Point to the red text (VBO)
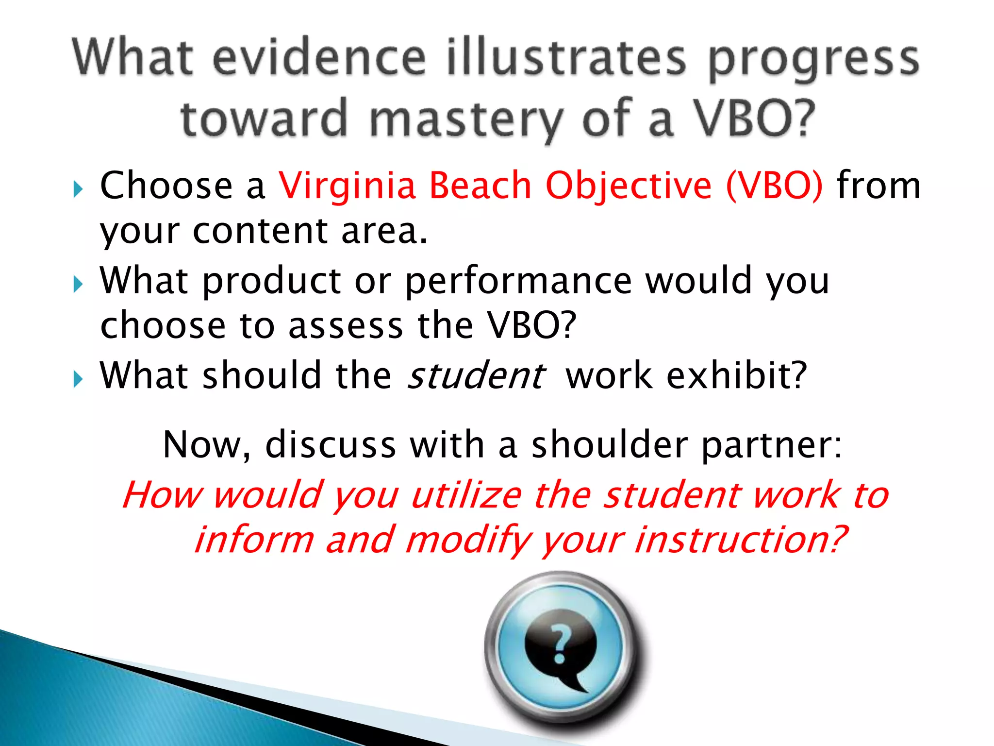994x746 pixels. coord(775,186)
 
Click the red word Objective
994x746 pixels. coord(629,186)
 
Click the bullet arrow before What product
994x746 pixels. coord(78,284)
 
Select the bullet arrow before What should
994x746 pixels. coord(78,378)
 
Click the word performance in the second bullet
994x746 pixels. coord(518,282)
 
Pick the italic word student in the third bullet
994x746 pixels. coord(476,376)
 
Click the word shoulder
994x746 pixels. coord(610,444)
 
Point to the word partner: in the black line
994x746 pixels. coord(772,445)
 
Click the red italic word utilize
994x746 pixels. coord(466,495)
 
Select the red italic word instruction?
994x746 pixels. coord(741,540)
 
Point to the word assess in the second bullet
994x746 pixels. coord(346,326)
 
